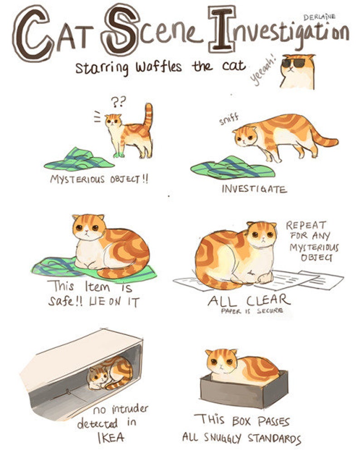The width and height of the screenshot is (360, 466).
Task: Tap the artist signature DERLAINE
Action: click(319, 17)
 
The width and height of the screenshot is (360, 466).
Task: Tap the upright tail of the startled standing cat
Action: click(148, 115)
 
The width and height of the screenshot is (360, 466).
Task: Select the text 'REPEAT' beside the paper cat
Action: click(306, 225)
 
